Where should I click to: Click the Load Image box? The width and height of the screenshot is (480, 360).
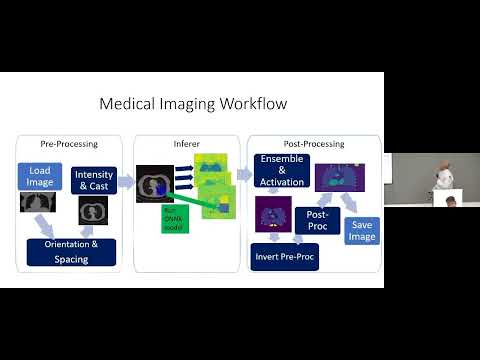tap(41, 176)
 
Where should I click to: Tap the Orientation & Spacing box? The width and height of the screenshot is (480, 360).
tap(70, 252)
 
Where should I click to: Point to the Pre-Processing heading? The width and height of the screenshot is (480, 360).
tap(69, 143)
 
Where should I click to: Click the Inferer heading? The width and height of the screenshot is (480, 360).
tap(187, 143)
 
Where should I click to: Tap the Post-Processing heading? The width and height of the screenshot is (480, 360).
tap(315, 143)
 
